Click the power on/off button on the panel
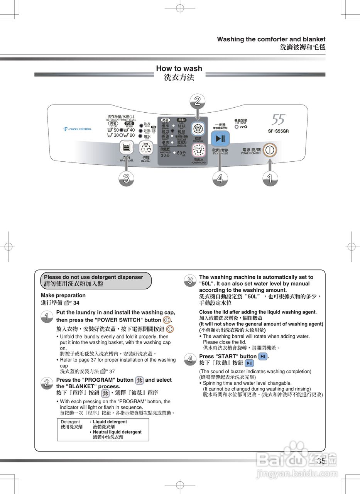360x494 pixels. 270,149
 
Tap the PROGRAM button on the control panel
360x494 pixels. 198,128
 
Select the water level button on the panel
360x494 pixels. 126,147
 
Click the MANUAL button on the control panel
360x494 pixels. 145,147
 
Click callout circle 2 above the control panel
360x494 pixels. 198,102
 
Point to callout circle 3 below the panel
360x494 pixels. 126,178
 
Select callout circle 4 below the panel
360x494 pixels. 220,178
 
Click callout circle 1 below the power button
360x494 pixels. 270,178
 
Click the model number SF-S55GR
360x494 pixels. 278,131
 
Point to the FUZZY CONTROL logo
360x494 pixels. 78,129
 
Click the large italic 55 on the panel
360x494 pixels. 278,120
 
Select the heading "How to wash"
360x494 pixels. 179,68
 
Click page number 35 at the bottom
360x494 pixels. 321,461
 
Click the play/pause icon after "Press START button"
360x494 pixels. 263,356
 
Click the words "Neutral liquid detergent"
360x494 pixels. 117,432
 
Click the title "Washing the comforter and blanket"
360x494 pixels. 271,39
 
